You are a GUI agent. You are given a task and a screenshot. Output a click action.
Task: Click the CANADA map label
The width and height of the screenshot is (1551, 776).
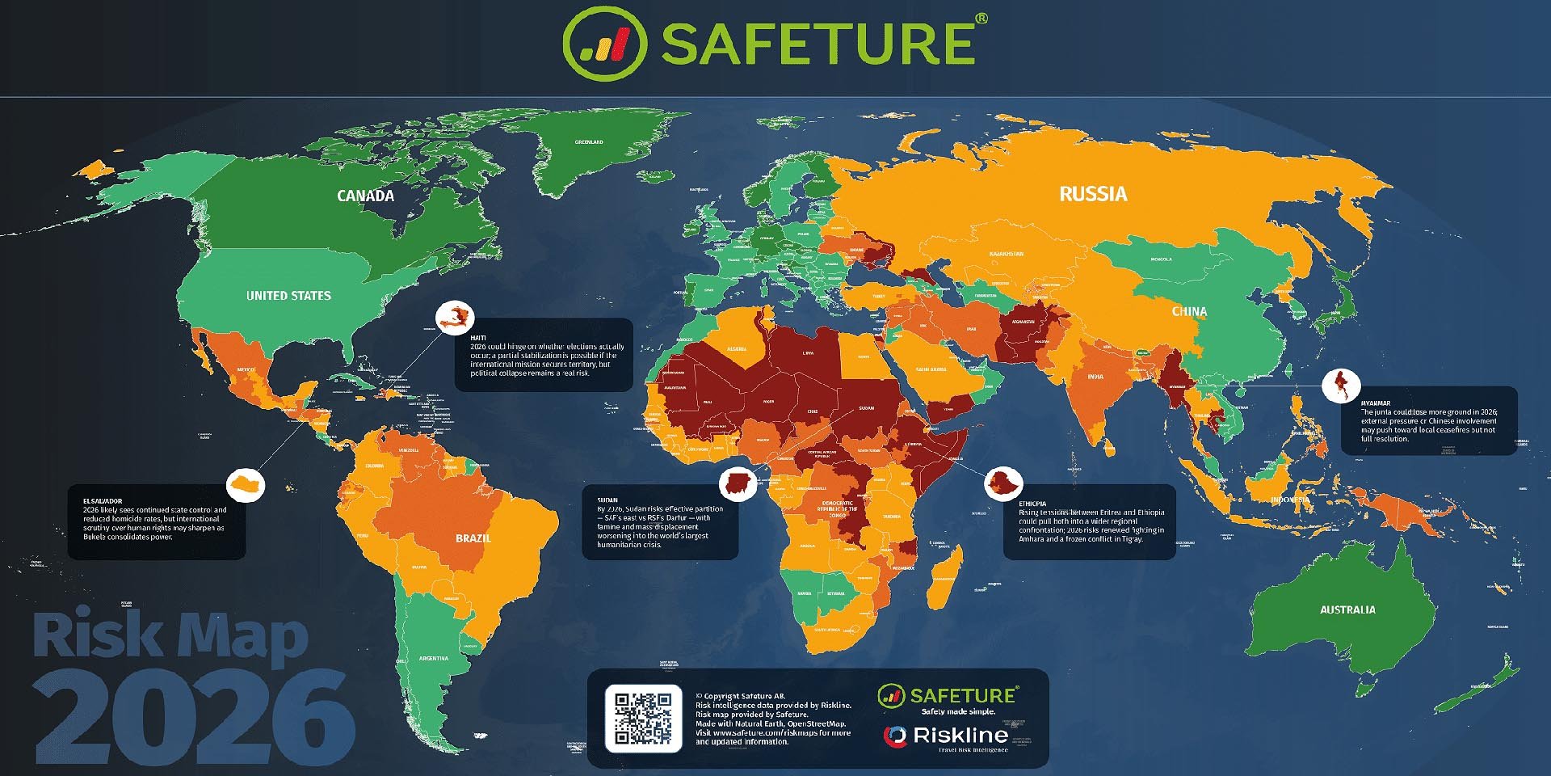pyautogui.click(x=365, y=196)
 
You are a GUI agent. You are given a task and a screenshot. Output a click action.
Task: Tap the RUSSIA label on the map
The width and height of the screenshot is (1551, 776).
pyautogui.click(x=1092, y=194)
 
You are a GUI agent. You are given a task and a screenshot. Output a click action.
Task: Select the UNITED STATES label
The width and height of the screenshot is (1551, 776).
pyautogui.click(x=288, y=296)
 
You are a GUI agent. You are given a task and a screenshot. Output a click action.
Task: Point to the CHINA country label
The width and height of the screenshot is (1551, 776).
pyautogui.click(x=1189, y=311)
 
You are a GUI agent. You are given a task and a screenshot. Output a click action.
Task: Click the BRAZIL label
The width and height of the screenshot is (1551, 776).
pyautogui.click(x=473, y=538)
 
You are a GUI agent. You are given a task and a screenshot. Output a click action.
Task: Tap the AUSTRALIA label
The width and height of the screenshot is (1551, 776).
pyautogui.click(x=1347, y=609)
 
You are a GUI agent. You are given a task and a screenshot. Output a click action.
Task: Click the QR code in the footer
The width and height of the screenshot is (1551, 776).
pyautogui.click(x=643, y=718)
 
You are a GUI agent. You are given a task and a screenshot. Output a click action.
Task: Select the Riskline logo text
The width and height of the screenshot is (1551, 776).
pyautogui.click(x=960, y=736)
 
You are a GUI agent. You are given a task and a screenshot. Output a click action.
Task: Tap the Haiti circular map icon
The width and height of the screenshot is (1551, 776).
pyautogui.click(x=454, y=317)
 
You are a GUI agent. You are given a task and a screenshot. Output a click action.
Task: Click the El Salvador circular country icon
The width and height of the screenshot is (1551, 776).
pyautogui.click(x=246, y=486)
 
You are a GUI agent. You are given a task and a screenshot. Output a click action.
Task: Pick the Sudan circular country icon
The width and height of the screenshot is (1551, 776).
pyautogui.click(x=738, y=484)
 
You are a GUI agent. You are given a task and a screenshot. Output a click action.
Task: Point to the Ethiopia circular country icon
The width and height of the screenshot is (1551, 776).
pyautogui.click(x=1003, y=484)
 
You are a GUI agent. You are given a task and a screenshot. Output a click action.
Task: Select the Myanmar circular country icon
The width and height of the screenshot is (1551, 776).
pyautogui.click(x=1341, y=386)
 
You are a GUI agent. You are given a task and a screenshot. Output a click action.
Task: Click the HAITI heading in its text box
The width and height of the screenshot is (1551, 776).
pyautogui.click(x=478, y=338)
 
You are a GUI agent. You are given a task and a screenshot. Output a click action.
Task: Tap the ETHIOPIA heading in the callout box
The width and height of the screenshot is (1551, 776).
pyautogui.click(x=1032, y=504)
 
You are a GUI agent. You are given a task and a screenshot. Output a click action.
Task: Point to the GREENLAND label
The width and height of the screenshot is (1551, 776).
pyautogui.click(x=588, y=142)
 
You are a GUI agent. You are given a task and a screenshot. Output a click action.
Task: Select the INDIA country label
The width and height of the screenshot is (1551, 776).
pyautogui.click(x=1095, y=377)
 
